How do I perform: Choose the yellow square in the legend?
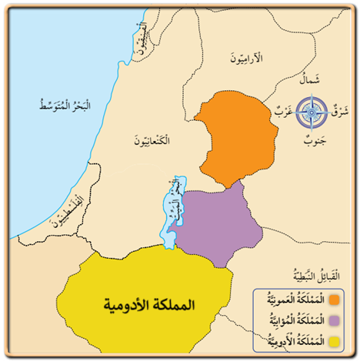point(334,339)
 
